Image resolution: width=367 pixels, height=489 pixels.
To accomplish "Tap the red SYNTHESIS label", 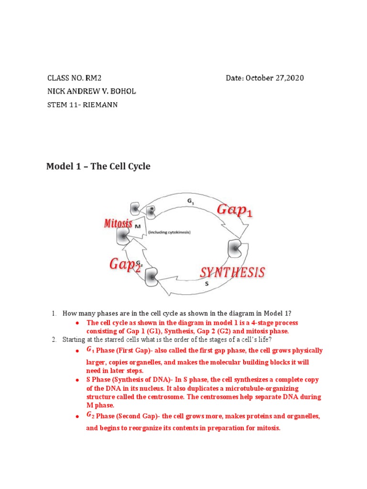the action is tap(232, 273).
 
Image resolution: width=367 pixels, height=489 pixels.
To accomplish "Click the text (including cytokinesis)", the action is tap(169, 232).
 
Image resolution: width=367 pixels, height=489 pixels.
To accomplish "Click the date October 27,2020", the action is tap(275, 78).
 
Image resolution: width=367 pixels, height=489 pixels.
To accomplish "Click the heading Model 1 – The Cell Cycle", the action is tap(98, 167).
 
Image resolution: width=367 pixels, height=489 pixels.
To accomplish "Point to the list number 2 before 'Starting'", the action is tap(54, 340).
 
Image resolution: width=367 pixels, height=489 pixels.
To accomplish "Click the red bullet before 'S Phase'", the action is tap(76, 380).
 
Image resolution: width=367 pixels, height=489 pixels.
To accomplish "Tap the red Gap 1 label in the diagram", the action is tap(235, 210).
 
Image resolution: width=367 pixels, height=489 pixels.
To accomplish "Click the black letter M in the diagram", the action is tap(137, 227).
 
